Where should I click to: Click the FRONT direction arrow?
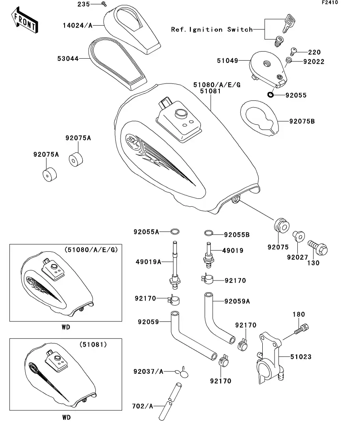point(24,22)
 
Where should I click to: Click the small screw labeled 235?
point(104,4)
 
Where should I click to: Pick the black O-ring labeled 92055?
point(270,94)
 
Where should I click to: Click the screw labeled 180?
point(302,329)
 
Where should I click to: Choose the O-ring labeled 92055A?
point(176,231)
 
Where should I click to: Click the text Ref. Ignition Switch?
point(212,30)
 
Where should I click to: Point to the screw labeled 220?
point(294,50)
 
